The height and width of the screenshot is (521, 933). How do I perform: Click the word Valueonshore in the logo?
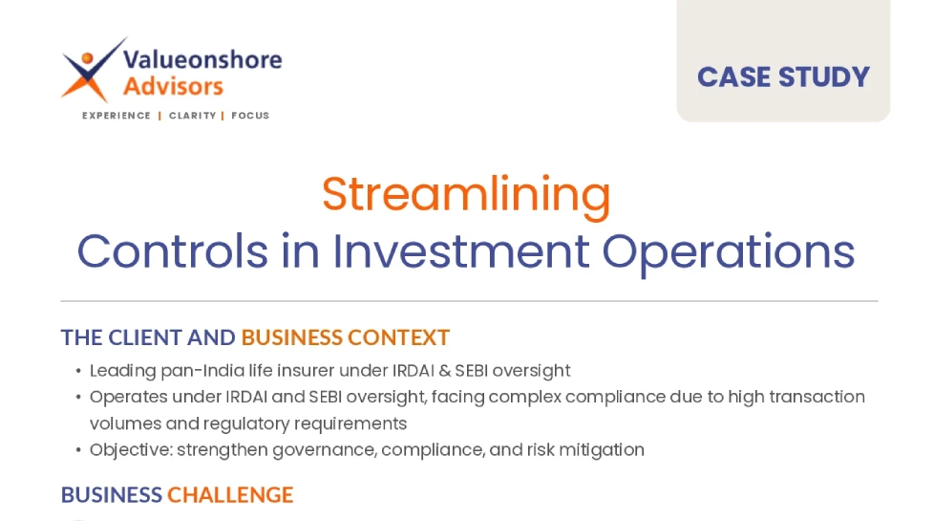pos(202,59)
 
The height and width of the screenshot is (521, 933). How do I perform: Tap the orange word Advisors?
pos(173,86)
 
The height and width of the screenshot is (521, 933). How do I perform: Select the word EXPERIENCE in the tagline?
pos(117,116)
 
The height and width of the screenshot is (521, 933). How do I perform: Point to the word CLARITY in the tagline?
pos(192,116)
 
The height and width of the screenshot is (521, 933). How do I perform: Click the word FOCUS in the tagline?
pos(250,116)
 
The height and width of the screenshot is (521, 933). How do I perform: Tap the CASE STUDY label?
pos(783,76)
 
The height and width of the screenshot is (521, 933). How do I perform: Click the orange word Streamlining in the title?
pos(466,195)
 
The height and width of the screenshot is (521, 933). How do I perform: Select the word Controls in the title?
pos(173,251)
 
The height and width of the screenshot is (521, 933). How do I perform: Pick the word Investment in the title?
pos(461,251)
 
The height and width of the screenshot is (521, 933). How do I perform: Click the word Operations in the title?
pos(729,252)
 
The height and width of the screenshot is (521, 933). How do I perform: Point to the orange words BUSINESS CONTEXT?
pos(345,337)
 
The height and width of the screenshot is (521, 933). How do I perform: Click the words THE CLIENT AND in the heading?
pos(148,337)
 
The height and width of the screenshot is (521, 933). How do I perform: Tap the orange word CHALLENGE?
pos(230,495)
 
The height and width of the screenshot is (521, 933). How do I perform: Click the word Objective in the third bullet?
pos(131,450)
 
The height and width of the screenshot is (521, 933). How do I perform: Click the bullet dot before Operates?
pos(78,397)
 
